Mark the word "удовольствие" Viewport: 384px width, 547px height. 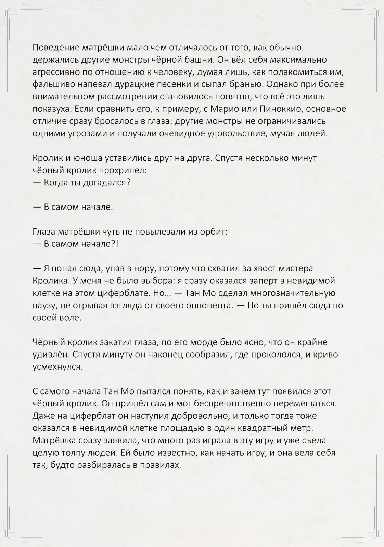[x=235, y=134]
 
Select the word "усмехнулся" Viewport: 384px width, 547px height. [x=57, y=367]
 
